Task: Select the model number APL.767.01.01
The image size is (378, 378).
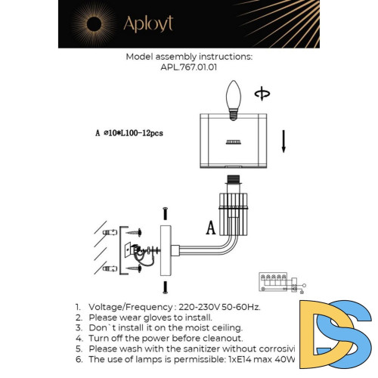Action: coord(189,67)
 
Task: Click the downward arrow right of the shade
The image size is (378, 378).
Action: coord(283,141)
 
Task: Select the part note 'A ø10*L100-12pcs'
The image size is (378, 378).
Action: coord(129,133)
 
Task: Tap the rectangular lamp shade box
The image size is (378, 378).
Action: coord(234,141)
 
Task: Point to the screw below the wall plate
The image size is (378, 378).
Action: coord(163,287)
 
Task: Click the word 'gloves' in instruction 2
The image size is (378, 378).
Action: coord(145,318)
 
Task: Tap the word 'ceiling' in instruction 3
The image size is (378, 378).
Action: coord(223,328)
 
